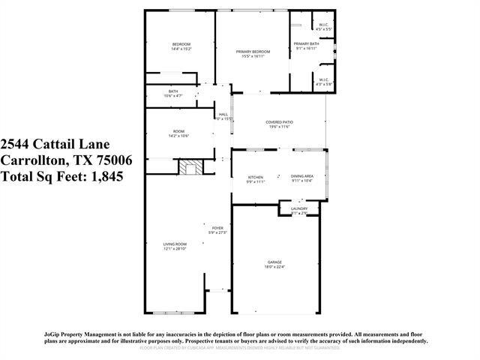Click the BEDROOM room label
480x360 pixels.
click(181, 44)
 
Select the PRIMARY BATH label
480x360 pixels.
click(306, 43)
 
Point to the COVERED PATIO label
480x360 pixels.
click(279, 122)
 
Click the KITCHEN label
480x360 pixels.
click(256, 177)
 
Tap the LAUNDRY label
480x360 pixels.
click(300, 209)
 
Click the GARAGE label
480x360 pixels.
click(275, 262)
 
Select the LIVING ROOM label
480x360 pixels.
click(175, 244)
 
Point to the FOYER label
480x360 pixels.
click(217, 227)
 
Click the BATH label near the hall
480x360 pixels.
click(173, 91)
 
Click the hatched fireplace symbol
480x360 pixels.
click(190, 166)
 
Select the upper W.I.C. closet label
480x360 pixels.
click(323, 25)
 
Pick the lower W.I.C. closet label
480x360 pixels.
click(323, 79)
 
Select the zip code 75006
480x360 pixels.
click(112, 160)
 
